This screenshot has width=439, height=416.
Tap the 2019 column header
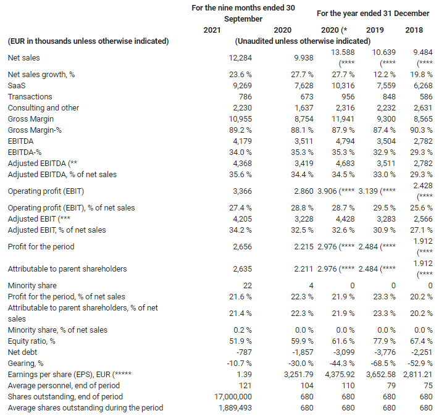coord(375,30)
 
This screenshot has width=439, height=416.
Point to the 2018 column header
coord(414,30)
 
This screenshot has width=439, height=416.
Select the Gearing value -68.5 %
coord(380,363)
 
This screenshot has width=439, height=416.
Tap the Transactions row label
coord(30,96)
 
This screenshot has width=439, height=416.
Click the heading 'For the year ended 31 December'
coord(372,13)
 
